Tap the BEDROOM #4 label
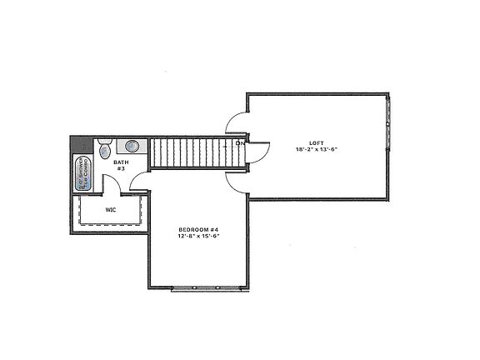(197, 229)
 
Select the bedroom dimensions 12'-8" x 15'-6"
(197, 237)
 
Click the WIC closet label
(110, 210)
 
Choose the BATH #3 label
(120, 165)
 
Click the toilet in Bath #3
(103, 150)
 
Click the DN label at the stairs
(240, 143)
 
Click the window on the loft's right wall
(392, 117)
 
